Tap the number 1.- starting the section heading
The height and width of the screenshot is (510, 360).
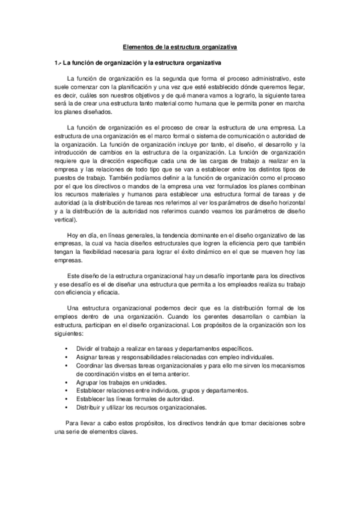pyautogui.click(x=58, y=63)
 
